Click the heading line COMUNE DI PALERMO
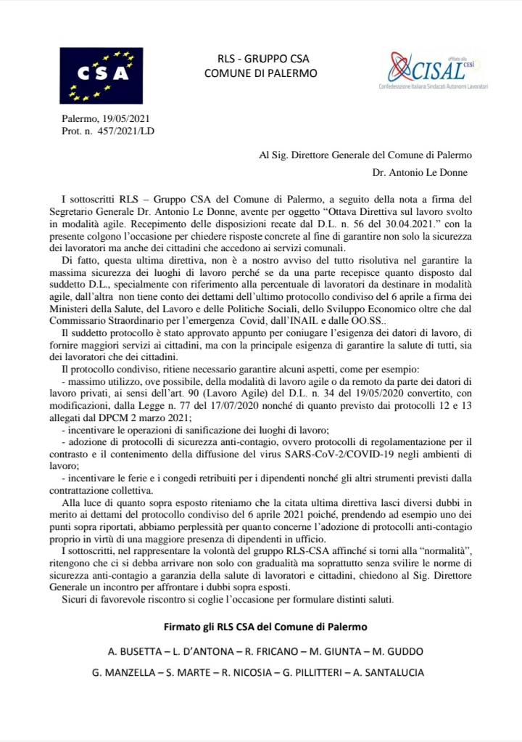pyautogui.click(x=261, y=73)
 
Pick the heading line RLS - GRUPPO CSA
pyautogui.click(x=261, y=59)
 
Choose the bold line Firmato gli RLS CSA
pyautogui.click(x=261, y=627)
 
